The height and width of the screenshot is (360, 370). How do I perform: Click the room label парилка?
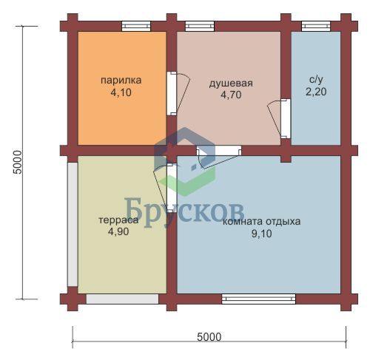[x=121, y=81]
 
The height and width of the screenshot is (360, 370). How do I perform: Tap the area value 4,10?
[x=121, y=92]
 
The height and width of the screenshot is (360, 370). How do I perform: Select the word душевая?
[x=231, y=84]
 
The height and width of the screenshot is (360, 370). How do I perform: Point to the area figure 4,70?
[x=231, y=95]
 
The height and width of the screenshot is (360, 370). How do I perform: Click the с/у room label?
[x=316, y=80]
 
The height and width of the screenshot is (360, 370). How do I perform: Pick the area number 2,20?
[x=316, y=92]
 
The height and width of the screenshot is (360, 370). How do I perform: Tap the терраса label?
[x=118, y=220]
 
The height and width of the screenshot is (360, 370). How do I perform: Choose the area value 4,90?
[x=118, y=231]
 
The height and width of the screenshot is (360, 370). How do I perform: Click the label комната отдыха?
[x=261, y=221]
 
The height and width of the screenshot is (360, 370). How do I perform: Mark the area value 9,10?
[x=261, y=234]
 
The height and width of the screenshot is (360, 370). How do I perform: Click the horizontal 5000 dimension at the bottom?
[x=209, y=337]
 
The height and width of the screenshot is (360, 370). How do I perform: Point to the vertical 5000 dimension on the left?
[x=18, y=163]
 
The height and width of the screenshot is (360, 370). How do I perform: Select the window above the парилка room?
[x=136, y=26]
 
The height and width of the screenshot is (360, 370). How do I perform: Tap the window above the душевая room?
[x=200, y=26]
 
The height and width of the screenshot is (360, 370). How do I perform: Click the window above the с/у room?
[x=316, y=26]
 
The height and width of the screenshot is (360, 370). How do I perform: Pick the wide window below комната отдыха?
[x=258, y=299]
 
